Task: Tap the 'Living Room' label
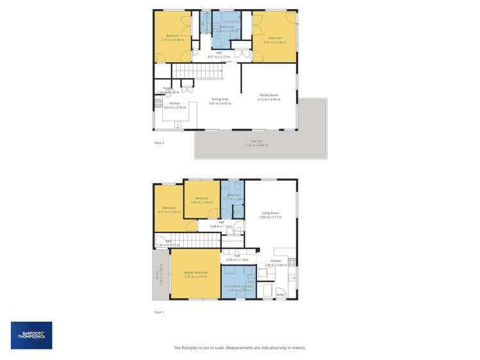(269, 213)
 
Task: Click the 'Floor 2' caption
(160, 142)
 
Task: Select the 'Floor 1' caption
(160, 311)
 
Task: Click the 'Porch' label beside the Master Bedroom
(157, 274)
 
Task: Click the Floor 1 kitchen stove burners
(292, 262)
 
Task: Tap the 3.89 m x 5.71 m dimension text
(270, 217)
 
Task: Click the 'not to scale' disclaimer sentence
(240, 347)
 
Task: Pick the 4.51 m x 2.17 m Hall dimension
(219, 57)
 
